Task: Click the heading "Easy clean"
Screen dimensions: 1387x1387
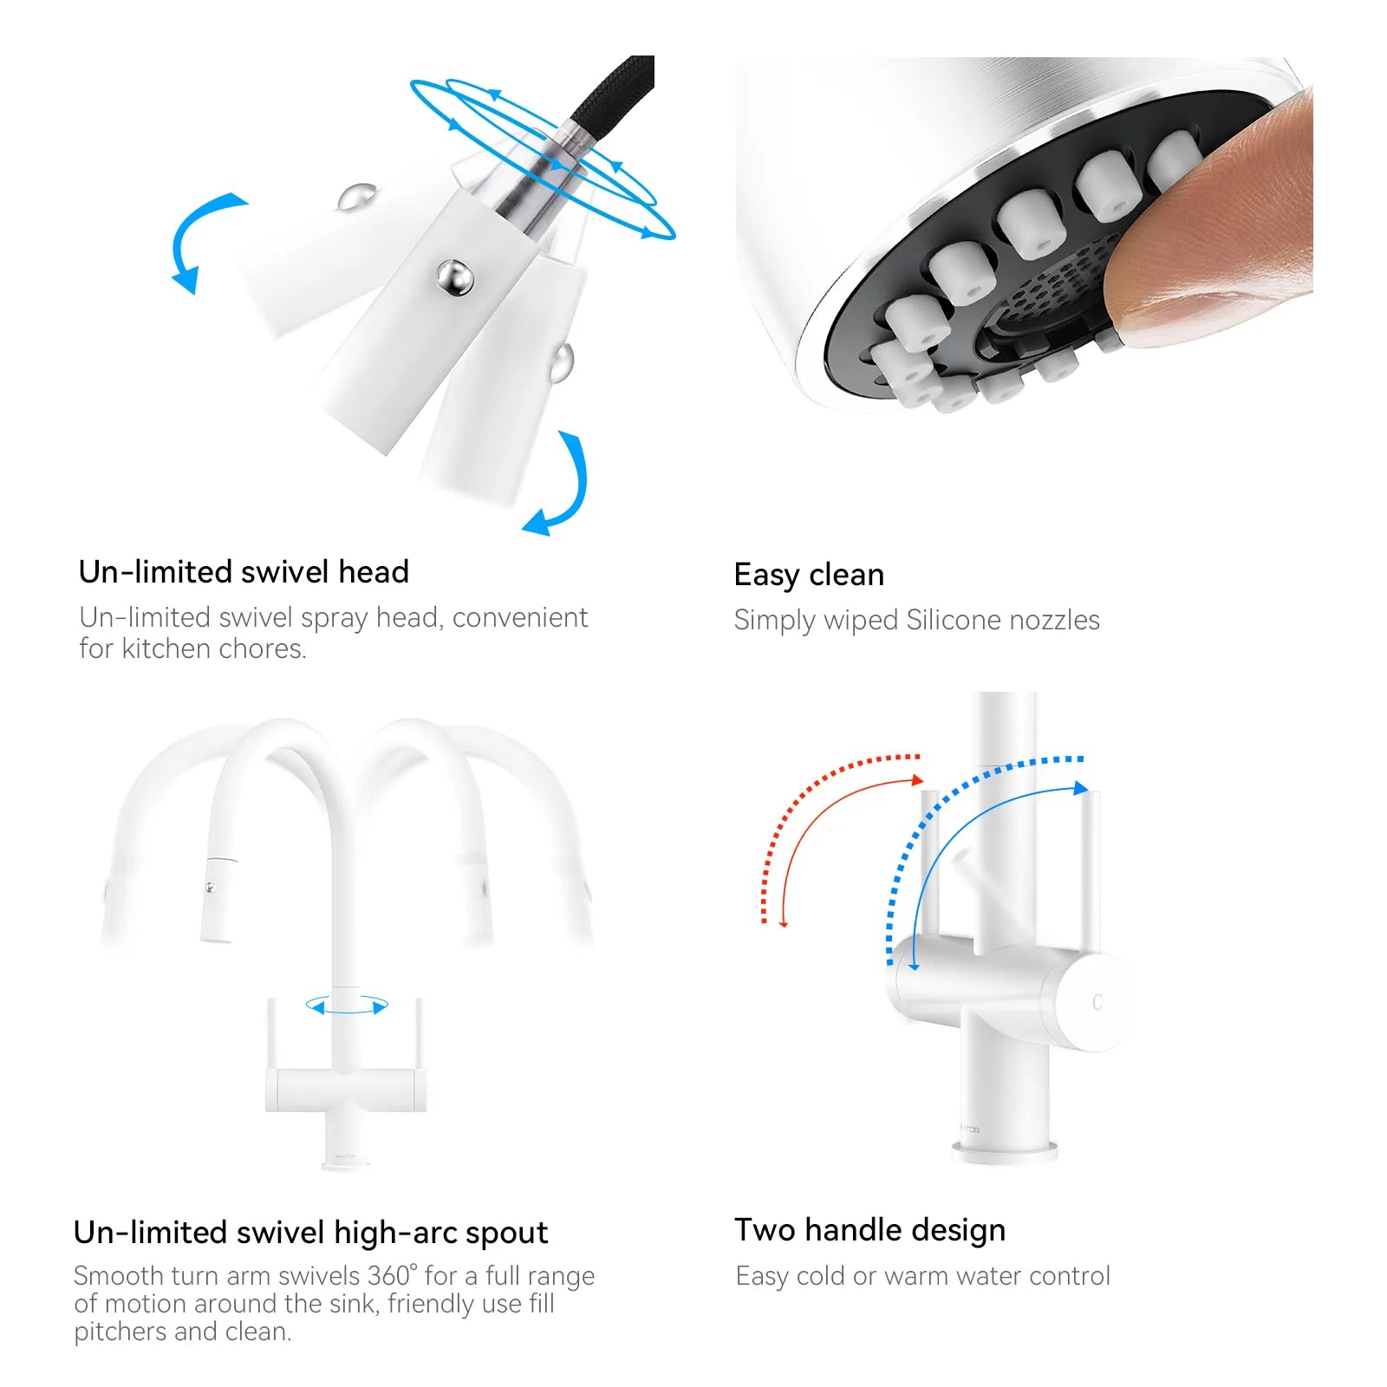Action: tap(809, 575)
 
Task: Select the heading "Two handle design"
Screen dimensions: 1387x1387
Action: tap(870, 1231)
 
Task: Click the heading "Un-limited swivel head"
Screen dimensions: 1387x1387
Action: tap(244, 572)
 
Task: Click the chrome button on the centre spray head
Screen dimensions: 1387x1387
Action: tap(454, 277)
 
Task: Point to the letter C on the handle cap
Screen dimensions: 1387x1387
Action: tap(1097, 1002)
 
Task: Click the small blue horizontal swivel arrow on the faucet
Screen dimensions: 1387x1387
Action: tap(347, 1006)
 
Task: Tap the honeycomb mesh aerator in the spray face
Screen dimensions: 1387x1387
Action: tap(1053, 286)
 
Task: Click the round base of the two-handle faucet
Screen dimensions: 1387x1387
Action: tap(1005, 1152)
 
